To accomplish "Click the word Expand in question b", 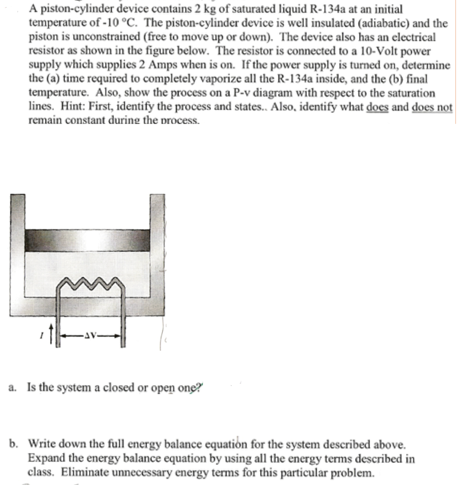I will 45,458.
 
